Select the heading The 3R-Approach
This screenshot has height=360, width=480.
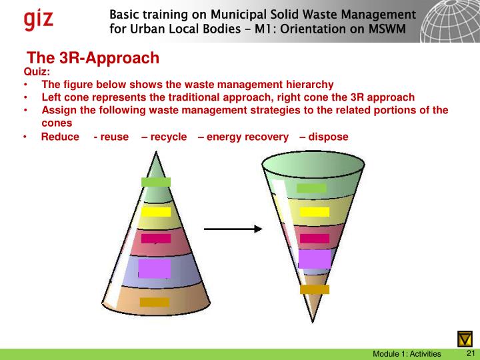(x=93, y=58)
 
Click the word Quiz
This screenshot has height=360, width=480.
(x=37, y=72)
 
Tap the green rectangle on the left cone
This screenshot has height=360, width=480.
(x=156, y=182)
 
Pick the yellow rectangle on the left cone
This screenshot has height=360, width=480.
(x=156, y=212)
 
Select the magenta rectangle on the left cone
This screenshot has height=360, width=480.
(x=156, y=238)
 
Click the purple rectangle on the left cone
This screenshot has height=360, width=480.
(x=155, y=268)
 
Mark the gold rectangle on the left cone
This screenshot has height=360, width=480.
(x=155, y=302)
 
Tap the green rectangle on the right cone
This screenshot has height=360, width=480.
(x=311, y=188)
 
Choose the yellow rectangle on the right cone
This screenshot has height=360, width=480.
(x=315, y=212)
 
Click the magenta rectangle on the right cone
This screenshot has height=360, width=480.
(x=315, y=238)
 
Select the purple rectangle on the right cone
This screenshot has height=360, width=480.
(x=315, y=259)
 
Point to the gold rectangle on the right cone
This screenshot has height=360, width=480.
(x=315, y=289)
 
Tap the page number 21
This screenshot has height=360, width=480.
(x=469, y=353)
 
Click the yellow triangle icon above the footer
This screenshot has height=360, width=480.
(x=465, y=338)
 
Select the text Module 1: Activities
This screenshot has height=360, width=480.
(x=407, y=353)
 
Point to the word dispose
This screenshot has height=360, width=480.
(x=328, y=137)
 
